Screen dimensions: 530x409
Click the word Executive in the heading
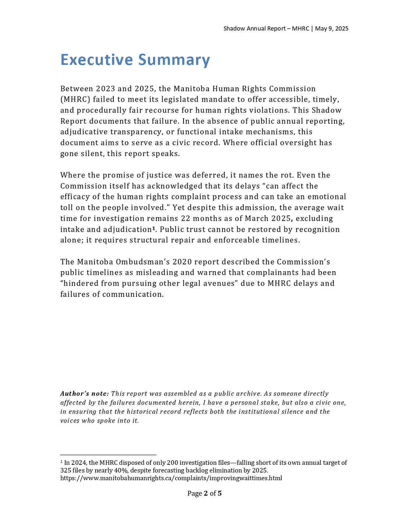(96, 60)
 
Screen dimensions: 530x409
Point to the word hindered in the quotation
(80, 283)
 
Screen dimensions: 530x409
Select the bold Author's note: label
(85, 394)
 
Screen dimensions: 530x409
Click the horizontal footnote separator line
(108, 455)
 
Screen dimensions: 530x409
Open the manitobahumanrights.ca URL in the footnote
(171, 478)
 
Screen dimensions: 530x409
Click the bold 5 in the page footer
(220, 494)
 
